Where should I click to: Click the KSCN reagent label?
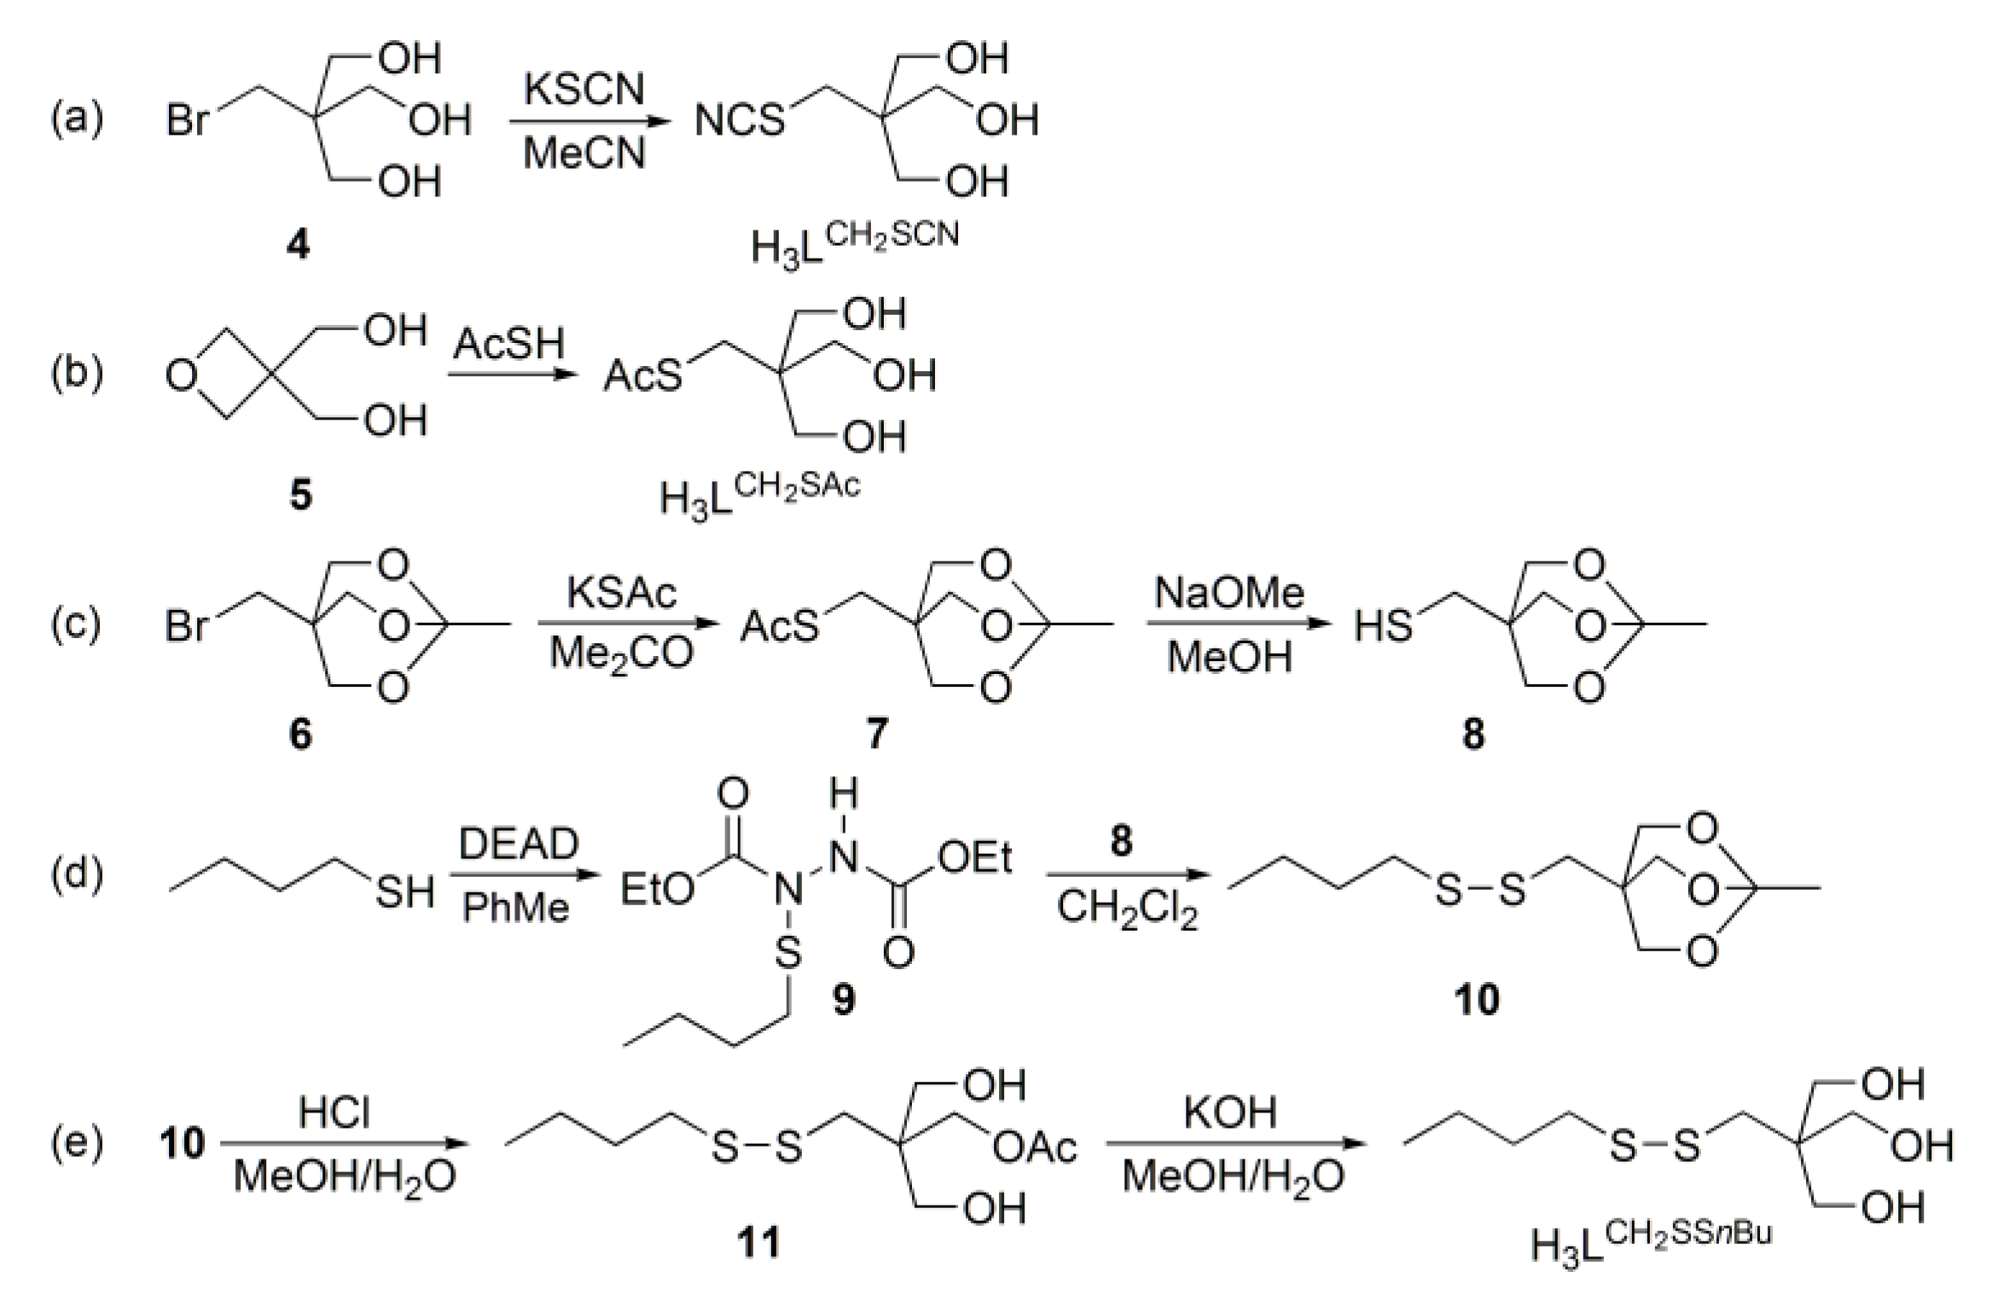pyautogui.click(x=584, y=90)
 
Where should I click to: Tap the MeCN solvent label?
pyautogui.click(x=584, y=154)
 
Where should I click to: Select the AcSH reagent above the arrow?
pyautogui.click(x=509, y=344)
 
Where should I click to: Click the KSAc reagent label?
pyautogui.click(x=622, y=593)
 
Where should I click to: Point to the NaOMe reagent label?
pyautogui.click(x=1229, y=593)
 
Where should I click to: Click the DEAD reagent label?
pyautogui.click(x=519, y=845)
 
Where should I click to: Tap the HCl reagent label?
pyautogui.click(x=334, y=1113)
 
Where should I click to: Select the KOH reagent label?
pyautogui.click(x=1230, y=1113)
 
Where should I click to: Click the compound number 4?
pyautogui.click(x=298, y=246)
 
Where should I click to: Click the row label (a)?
pyautogui.click(x=77, y=118)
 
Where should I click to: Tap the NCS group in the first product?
pyautogui.click(x=739, y=120)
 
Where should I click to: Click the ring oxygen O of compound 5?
pyautogui.click(x=181, y=375)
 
